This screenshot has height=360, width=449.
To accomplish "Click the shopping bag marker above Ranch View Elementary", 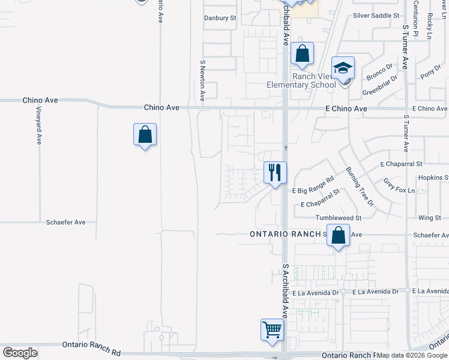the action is point(303,54).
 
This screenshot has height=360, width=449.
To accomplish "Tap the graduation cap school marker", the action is point(343,67).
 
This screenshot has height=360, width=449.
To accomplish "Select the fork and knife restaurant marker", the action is point(276,173).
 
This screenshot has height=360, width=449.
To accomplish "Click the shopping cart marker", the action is point(272,329).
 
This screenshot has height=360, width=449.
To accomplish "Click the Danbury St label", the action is point(220,18).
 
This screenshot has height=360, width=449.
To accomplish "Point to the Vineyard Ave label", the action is point(38,126).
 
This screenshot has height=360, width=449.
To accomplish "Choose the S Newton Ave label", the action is point(203,79).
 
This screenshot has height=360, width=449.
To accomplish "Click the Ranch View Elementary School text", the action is point(301,80).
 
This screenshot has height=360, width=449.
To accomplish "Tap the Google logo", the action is point(20,352).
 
